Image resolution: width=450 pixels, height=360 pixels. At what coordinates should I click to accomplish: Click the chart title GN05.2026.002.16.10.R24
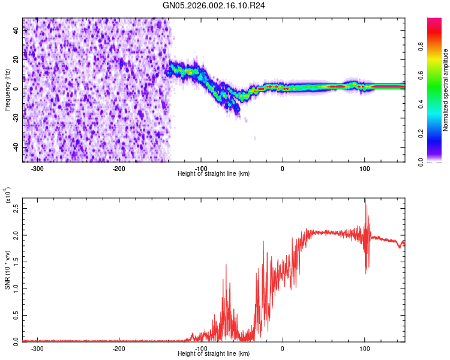point(214,5)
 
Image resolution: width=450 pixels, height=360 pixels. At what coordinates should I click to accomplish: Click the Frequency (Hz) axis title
point(7,90)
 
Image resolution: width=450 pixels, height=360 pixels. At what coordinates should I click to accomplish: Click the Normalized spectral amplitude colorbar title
point(445,90)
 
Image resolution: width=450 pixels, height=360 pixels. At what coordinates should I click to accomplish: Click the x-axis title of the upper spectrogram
point(214,173)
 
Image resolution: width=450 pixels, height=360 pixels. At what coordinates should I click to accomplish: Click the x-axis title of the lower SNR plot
point(214,354)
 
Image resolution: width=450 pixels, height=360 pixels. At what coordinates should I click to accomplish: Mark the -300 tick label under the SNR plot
point(37,348)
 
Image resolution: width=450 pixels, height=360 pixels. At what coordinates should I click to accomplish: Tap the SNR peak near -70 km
point(226,265)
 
